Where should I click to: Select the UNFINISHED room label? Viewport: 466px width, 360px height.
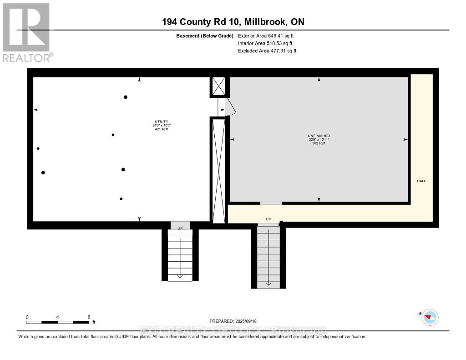319,136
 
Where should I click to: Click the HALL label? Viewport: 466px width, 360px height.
421,181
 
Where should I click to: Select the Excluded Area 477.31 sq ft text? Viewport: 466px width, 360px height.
267,51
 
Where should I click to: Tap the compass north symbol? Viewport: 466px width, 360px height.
430,317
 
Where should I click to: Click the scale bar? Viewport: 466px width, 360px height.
58,322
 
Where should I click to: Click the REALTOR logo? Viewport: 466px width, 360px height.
26,32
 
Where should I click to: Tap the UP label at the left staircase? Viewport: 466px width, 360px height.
180,228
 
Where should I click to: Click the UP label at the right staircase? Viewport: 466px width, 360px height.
268,219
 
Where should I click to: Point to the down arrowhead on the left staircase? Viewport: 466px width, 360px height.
180,275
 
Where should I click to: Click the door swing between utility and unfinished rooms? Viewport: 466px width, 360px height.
230,107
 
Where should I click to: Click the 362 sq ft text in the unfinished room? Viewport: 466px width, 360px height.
319,143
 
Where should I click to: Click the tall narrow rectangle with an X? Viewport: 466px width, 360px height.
219,171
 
